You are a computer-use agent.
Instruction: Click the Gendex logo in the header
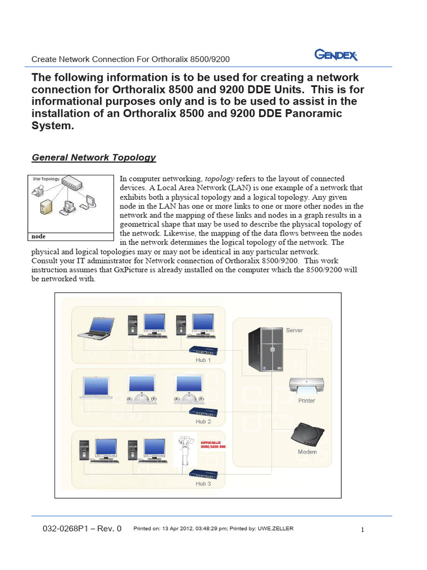[336, 55]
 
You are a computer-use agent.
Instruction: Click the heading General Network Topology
[94, 158]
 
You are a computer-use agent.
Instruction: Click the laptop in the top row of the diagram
[97, 327]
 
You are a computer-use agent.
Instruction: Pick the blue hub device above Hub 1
[203, 350]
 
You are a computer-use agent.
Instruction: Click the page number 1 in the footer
[363, 530]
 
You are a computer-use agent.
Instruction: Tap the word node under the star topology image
[39, 236]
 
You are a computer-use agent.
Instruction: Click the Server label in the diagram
[294, 330]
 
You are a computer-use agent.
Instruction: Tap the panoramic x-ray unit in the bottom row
[186, 451]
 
